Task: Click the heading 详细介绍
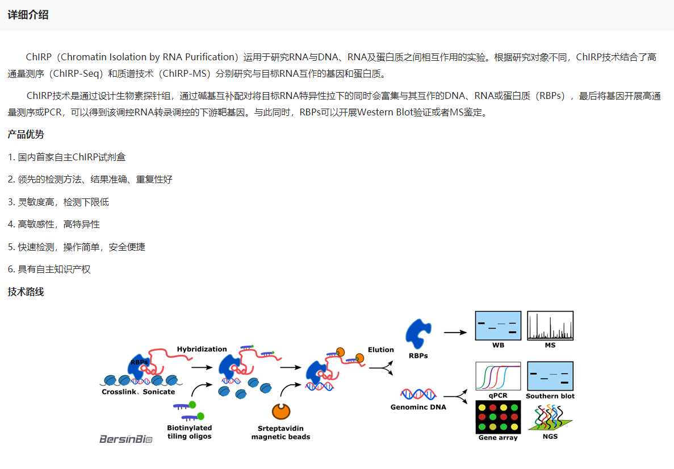point(28,15)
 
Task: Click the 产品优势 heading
point(26,135)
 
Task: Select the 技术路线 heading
point(26,292)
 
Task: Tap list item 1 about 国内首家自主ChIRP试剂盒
point(66,157)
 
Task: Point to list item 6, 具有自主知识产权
point(49,269)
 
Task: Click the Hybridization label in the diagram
point(202,349)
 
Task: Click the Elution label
point(381,350)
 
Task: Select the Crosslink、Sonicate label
point(139,392)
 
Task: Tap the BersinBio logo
point(126,439)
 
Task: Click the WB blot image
point(498,326)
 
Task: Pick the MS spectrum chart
point(550,326)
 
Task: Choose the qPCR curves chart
point(498,376)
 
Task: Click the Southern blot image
point(550,376)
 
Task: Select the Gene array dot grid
point(498,417)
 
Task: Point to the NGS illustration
point(550,417)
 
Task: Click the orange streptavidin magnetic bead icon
point(281,412)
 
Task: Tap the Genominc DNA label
point(418,407)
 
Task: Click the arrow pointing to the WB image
point(455,332)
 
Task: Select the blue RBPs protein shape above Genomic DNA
point(418,333)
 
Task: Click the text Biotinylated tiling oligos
point(190,432)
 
